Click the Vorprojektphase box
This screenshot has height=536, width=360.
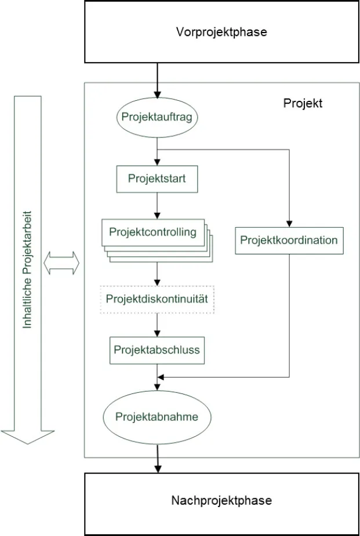pos(221,32)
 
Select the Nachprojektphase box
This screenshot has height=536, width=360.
pos(221,501)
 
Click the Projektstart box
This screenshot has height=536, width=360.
pos(157,178)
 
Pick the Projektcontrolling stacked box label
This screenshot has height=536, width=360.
pos(152,233)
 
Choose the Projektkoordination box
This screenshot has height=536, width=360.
pos(289,240)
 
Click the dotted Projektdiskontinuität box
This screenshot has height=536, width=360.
pos(157,299)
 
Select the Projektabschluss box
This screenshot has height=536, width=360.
pos(157,349)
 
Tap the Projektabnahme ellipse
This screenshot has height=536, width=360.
pos(157,417)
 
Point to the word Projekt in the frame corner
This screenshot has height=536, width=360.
pos(303,104)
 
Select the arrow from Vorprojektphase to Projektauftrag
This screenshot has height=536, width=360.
pos(157,81)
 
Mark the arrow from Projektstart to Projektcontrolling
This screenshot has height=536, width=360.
pos(157,206)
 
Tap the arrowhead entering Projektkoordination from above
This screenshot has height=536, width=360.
pos(289,223)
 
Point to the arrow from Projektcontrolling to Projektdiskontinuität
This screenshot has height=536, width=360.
pos(157,274)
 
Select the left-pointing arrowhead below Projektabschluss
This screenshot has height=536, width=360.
pos(162,377)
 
